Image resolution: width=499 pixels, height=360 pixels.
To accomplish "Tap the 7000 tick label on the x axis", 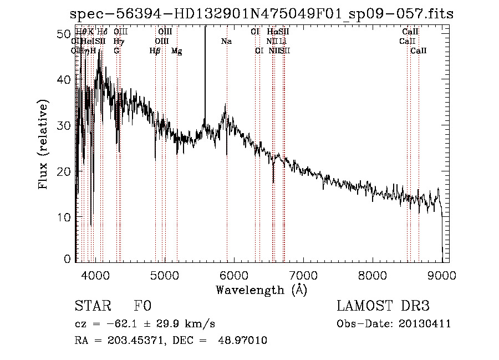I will [x=303, y=275].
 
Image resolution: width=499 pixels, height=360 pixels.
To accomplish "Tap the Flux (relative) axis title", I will [x=43, y=144].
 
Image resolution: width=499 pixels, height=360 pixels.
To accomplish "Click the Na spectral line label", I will [x=226, y=42].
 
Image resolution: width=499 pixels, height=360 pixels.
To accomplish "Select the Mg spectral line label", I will [x=177, y=51].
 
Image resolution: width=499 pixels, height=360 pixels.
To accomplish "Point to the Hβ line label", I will [x=155, y=51].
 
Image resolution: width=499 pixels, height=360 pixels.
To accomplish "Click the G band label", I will [x=116, y=51].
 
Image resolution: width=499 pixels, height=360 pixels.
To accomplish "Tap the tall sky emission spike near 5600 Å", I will [x=205, y=67].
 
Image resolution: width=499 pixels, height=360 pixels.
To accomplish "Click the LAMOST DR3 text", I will [x=383, y=306].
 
